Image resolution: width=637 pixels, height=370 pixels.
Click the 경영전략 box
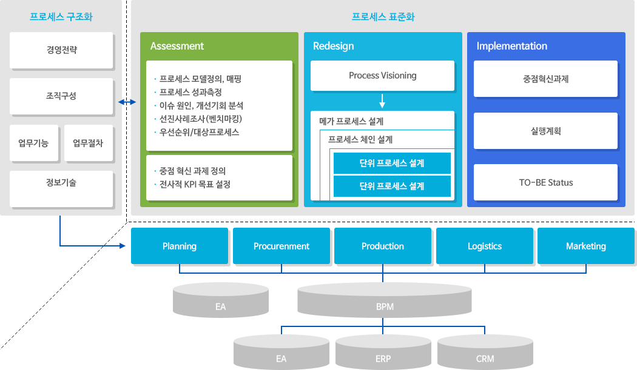pos(61,50)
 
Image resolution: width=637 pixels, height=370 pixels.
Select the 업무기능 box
pos(33,144)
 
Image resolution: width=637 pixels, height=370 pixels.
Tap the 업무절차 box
pos(88,144)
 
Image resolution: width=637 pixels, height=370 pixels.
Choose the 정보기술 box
pos(61,182)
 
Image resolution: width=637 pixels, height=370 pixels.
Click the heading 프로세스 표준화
pos(383,17)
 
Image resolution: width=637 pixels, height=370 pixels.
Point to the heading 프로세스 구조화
pos(61,17)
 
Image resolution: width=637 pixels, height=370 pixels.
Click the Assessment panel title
pos(177,46)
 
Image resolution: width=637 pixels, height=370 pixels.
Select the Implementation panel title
pos(511,46)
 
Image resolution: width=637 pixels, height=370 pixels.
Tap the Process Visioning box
pos(382,76)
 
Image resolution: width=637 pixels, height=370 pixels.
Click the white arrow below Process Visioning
pos(382,100)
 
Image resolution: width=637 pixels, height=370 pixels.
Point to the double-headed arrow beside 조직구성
pos(127,102)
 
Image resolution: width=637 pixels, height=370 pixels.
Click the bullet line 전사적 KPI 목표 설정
pos(195,184)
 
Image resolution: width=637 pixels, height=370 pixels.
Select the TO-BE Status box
pos(545,182)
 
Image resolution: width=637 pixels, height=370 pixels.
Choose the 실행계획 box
pos(545,130)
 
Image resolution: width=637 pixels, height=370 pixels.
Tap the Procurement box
pos(281,246)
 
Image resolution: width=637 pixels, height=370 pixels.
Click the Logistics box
pos(485,246)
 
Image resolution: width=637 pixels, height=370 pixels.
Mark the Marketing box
pos(586,246)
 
